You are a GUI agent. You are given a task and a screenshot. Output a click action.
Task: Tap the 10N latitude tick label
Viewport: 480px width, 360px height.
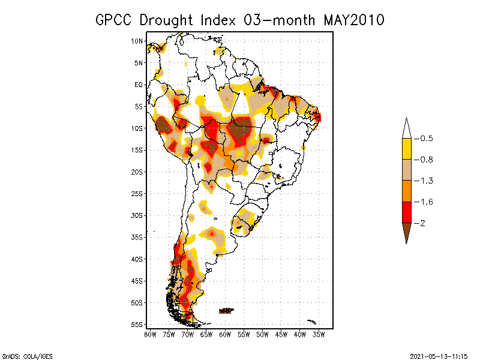137,41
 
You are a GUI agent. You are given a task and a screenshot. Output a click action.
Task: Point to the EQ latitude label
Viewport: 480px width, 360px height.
139,85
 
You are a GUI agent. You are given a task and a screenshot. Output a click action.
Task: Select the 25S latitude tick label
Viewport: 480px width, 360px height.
137,193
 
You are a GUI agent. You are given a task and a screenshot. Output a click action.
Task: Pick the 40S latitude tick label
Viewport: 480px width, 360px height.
137,259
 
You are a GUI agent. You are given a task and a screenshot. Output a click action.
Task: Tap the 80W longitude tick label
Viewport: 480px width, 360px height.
150,334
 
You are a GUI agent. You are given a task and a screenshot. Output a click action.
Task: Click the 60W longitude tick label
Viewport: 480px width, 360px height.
225,334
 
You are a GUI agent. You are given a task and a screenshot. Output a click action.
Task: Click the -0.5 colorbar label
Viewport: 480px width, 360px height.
426,139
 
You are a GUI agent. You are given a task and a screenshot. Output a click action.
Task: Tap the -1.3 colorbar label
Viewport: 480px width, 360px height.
426,181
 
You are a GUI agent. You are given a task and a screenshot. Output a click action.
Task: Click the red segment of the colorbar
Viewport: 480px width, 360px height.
406,212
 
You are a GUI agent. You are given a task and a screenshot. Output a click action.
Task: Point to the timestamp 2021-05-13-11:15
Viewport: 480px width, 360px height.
439,355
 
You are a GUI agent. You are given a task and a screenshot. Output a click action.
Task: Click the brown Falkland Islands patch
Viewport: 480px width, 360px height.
226,310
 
